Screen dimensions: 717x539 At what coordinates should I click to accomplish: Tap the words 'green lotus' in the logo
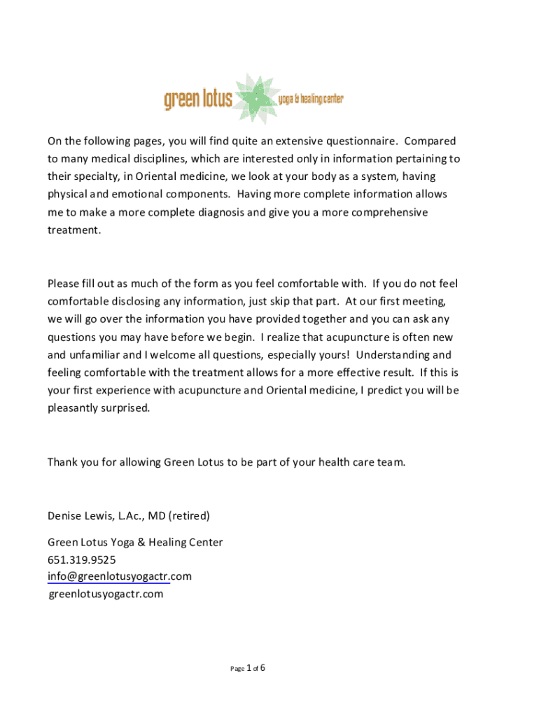(198, 100)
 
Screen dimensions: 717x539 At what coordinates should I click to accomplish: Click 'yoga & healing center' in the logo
(311, 100)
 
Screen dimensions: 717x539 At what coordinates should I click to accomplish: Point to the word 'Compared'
(428, 141)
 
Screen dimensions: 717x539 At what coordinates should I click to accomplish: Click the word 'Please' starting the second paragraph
(64, 284)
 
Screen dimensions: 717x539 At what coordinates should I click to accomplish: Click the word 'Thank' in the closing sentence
(63, 462)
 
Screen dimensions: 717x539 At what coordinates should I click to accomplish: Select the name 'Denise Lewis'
(79, 516)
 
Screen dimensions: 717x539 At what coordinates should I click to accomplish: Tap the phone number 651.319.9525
(82, 559)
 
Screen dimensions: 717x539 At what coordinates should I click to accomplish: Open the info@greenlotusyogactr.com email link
(119, 576)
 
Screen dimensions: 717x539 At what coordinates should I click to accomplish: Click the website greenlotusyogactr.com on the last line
(106, 594)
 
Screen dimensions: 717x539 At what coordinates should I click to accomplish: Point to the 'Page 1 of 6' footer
(248, 668)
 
